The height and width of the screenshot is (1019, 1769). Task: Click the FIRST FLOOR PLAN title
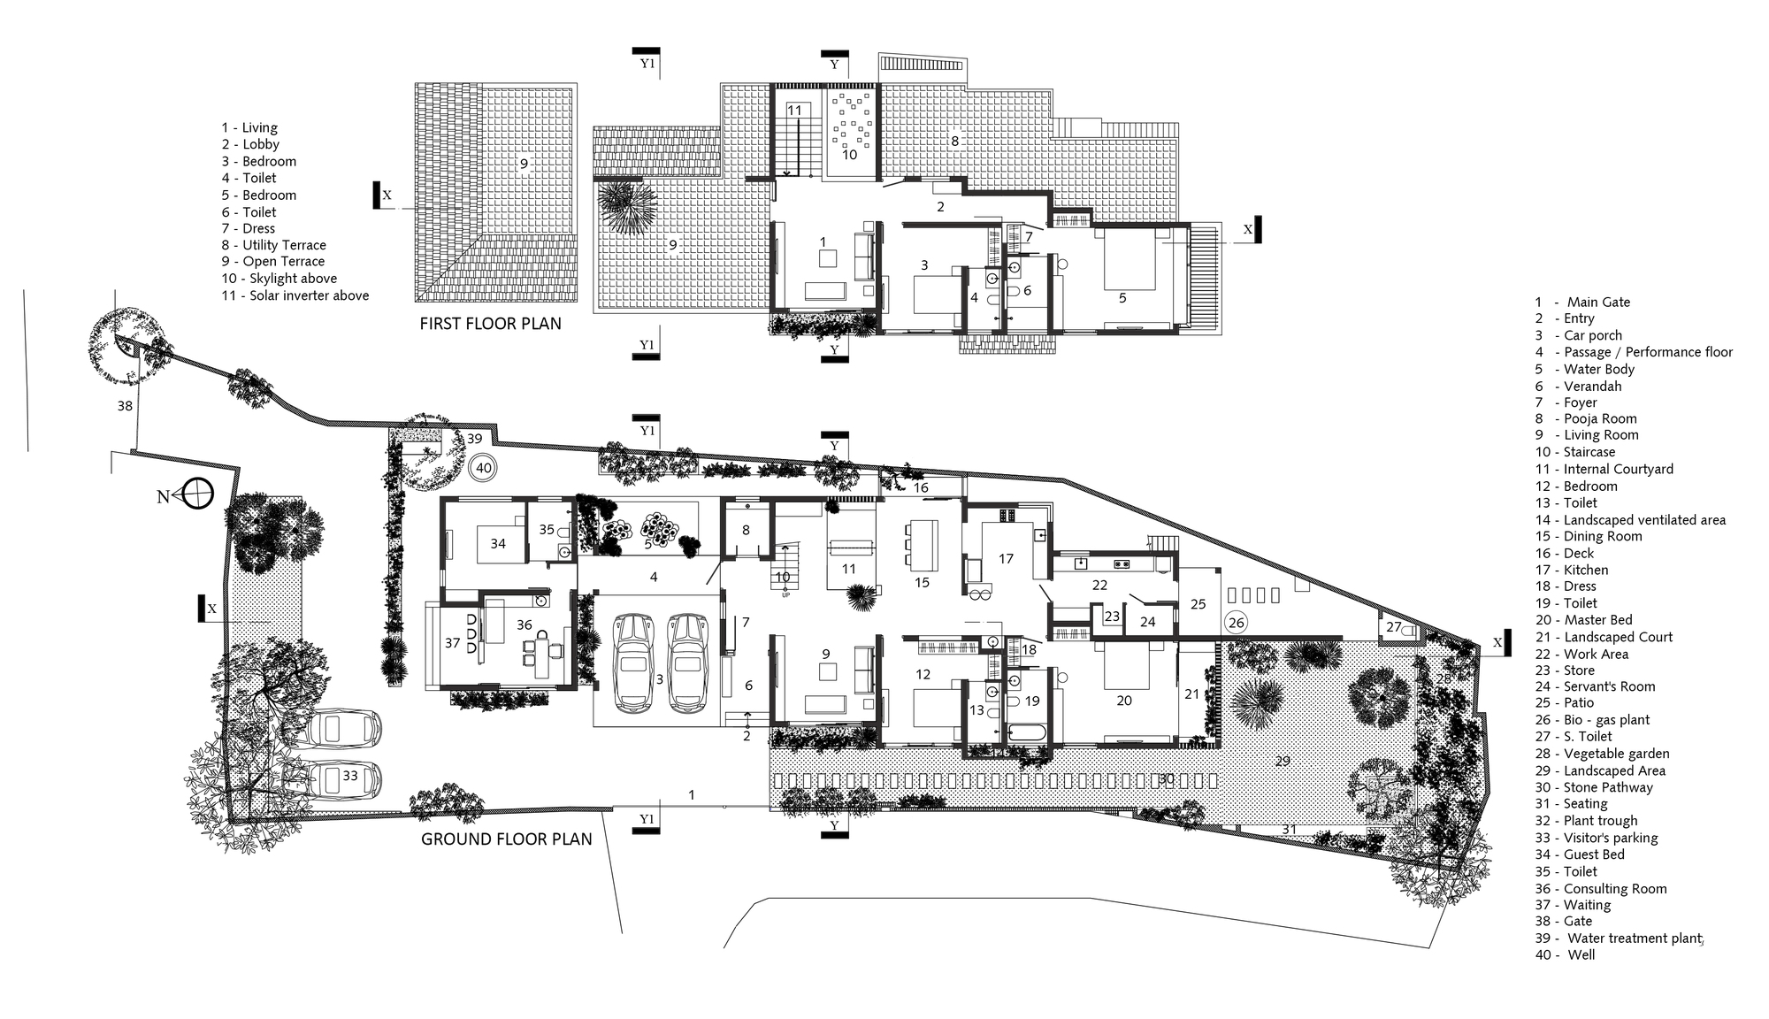490,324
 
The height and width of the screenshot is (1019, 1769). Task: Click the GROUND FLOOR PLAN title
506,839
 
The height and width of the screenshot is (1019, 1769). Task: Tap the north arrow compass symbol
197,494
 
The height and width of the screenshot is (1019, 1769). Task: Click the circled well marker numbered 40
483,468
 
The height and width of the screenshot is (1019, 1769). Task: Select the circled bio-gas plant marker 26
1236,623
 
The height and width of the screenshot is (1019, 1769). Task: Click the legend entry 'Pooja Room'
1599,418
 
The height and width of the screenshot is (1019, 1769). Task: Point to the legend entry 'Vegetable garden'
1615,754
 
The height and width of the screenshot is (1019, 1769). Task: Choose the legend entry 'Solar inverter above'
308,295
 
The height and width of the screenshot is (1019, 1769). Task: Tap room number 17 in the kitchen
1006,558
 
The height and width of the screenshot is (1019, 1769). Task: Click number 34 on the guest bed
498,543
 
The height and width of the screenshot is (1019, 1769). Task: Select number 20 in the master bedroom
1123,701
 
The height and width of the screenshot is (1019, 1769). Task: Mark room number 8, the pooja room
746,530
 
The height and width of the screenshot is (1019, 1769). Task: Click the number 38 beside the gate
125,406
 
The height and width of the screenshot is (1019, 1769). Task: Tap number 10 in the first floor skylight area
849,155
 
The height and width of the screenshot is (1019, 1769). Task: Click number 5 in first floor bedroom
1122,298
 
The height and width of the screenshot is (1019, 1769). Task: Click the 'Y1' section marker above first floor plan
647,64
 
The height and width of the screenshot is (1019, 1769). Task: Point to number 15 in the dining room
923,582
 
